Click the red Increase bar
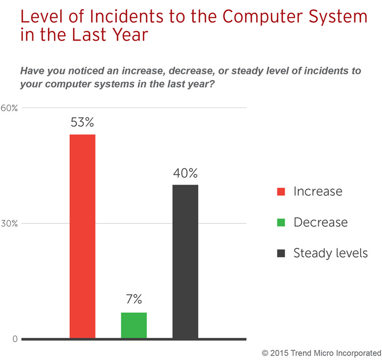[83, 237]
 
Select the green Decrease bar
[134, 326]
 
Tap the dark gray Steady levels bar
[185, 262]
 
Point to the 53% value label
[83, 122]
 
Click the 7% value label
[134, 300]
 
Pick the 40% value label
[185, 173]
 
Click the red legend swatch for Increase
[281, 192]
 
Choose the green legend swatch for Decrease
[281, 222]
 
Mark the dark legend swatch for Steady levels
[281, 253]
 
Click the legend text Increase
[318, 192]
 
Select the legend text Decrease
[320, 222]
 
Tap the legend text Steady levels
[330, 253]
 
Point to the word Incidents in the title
[106, 18]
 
